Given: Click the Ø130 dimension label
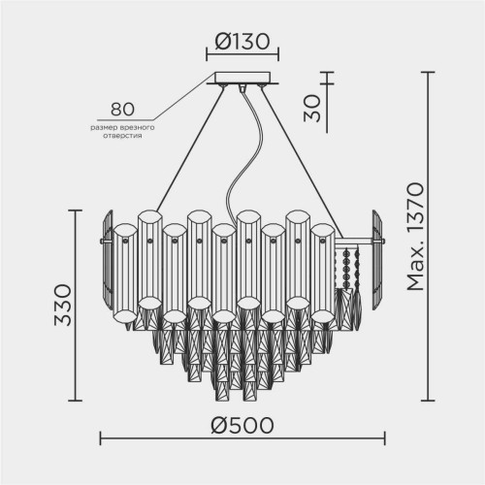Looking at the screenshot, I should (x=242, y=43).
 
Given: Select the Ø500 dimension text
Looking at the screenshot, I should (x=242, y=425).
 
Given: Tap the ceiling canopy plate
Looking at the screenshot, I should (x=242, y=81).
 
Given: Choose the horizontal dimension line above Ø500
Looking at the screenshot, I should (x=242, y=441).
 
